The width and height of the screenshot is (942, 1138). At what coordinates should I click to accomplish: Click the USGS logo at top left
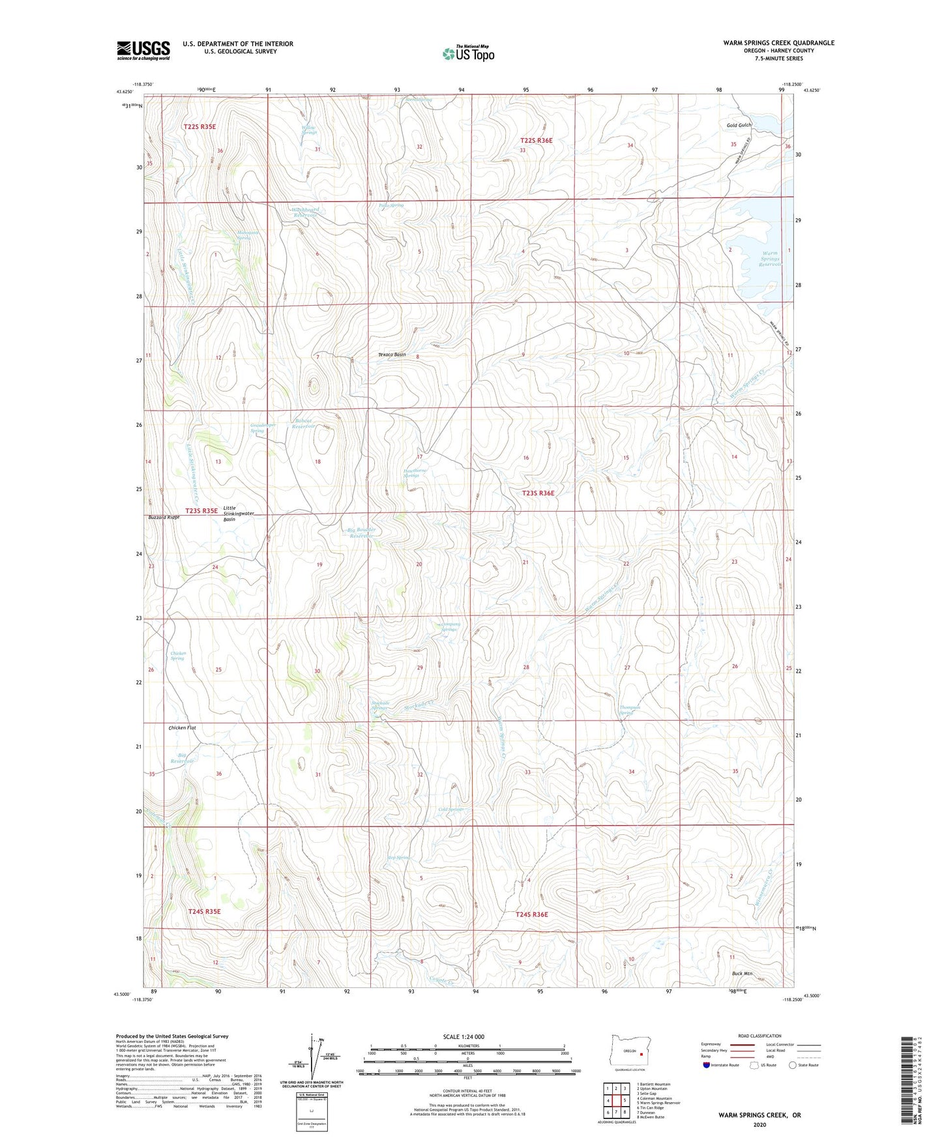pyautogui.click(x=143, y=50)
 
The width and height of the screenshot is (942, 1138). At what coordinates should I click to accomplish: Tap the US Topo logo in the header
pyautogui.click(x=469, y=53)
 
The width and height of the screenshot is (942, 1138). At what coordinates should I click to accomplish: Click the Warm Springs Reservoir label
pyautogui.click(x=771, y=259)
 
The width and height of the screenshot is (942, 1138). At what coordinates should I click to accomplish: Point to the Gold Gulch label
pyautogui.click(x=739, y=125)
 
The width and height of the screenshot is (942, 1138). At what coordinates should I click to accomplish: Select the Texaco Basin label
pyautogui.click(x=392, y=355)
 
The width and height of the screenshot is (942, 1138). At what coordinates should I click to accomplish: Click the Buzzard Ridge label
pyautogui.click(x=163, y=517)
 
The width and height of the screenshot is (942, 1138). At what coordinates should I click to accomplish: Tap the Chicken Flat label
pyautogui.click(x=182, y=727)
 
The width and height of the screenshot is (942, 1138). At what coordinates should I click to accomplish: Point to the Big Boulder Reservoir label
pyautogui.click(x=362, y=533)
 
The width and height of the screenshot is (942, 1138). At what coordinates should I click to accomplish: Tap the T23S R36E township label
pyautogui.click(x=538, y=493)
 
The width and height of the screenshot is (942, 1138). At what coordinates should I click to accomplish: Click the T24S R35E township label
pyautogui.click(x=204, y=911)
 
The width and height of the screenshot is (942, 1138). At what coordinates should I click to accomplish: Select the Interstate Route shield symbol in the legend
pyautogui.click(x=707, y=1065)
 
